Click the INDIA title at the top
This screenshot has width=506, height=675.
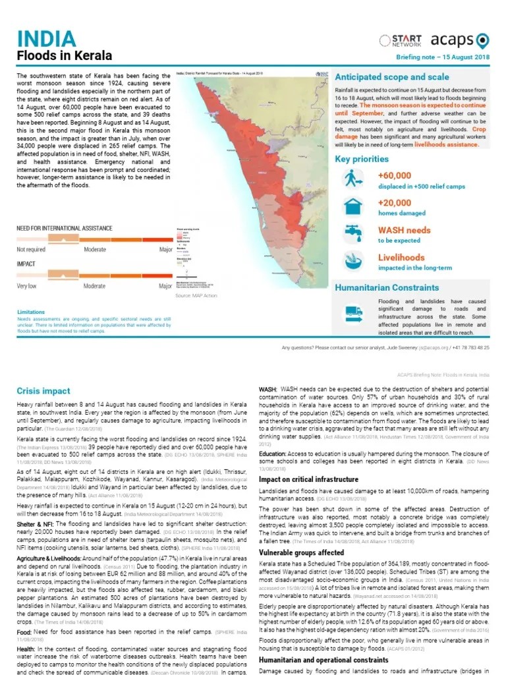point(47,38)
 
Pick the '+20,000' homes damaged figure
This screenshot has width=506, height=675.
point(395,203)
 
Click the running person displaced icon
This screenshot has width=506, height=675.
point(353,179)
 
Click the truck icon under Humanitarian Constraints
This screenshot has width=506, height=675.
point(354,314)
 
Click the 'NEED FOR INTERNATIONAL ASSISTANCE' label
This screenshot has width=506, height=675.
point(65,227)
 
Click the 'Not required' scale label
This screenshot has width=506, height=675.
point(32,250)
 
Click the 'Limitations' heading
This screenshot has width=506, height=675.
point(31,311)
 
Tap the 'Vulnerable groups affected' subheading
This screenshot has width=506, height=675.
point(301,552)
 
